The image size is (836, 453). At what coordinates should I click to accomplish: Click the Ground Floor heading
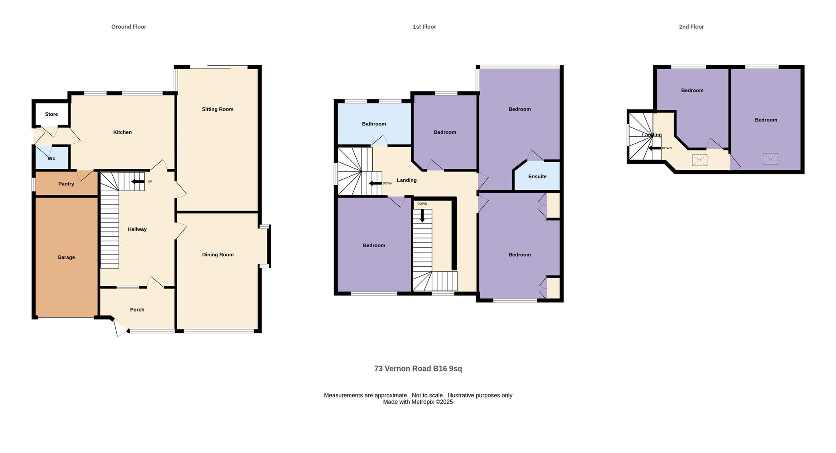(128, 27)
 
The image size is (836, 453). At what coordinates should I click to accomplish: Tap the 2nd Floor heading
(691, 27)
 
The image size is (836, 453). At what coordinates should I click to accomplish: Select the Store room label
(51, 114)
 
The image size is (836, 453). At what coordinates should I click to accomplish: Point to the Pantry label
(66, 184)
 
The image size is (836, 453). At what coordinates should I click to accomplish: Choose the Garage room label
(66, 257)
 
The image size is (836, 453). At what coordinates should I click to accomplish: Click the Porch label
(137, 309)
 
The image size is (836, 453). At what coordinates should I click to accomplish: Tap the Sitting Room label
(217, 109)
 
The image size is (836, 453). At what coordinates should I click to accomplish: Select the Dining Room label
(218, 255)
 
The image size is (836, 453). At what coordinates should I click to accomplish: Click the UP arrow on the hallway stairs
(138, 181)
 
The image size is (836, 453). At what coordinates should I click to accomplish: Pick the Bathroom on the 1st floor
(374, 124)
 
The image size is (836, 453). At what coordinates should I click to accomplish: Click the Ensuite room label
(537, 176)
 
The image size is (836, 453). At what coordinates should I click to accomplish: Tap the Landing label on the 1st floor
(407, 180)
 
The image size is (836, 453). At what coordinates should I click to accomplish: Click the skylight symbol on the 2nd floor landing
(699, 160)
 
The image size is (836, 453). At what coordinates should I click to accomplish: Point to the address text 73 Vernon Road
(403, 369)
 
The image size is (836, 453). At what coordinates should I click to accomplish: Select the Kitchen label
(122, 132)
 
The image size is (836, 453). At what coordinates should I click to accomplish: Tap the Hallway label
(137, 229)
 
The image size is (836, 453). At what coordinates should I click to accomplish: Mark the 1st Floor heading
(424, 27)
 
